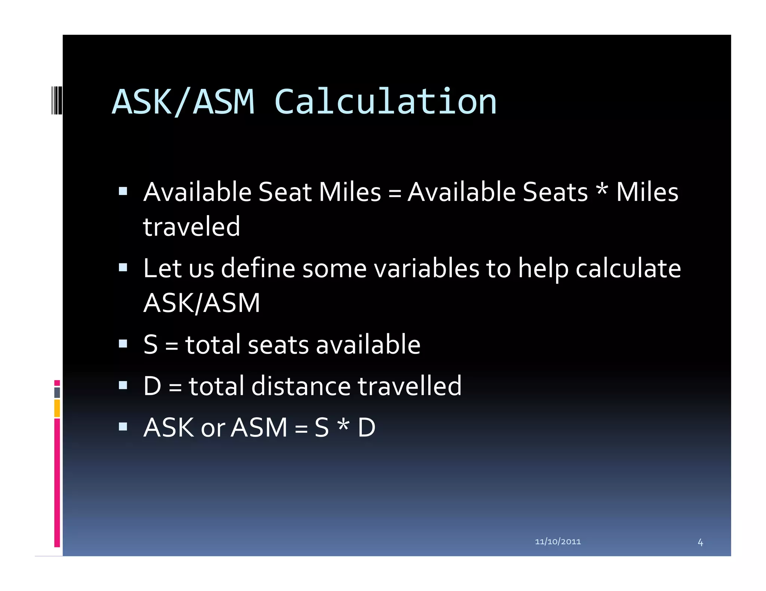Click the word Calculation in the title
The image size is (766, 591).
[x=385, y=102]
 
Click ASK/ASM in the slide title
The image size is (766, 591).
[x=183, y=102]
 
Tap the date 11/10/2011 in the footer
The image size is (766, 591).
[x=558, y=541]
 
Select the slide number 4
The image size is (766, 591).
[x=700, y=542]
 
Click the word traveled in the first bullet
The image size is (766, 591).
[x=191, y=227]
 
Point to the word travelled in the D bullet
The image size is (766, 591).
[x=410, y=386]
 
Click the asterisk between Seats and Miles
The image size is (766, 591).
[x=601, y=189]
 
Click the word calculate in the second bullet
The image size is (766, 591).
[x=628, y=269]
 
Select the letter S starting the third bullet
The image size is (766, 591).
[x=151, y=344]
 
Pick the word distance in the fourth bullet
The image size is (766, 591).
[x=301, y=386]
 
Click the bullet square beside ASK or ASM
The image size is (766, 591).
[x=123, y=427]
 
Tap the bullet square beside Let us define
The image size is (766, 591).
[x=123, y=267]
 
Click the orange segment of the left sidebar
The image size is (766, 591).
[x=57, y=408]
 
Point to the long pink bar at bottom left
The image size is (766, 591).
[x=57, y=482]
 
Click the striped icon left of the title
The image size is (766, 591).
[x=56, y=100]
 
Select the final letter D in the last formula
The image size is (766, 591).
[x=367, y=428]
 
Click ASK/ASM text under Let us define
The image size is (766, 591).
[x=202, y=303]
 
